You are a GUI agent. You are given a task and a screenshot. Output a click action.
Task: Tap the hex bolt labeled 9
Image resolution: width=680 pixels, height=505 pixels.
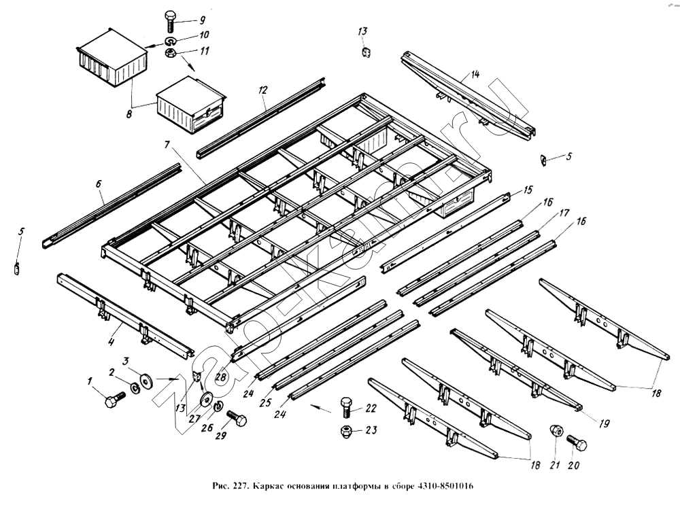[x=170, y=22]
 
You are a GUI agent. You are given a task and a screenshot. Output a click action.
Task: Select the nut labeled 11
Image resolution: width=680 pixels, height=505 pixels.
[x=172, y=54]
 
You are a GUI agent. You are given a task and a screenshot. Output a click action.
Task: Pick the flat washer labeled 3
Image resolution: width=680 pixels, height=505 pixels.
[x=145, y=378]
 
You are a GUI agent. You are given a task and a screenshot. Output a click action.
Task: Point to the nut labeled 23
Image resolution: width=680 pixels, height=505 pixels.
[x=346, y=431]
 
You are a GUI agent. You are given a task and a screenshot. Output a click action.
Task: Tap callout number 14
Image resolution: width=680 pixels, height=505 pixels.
[x=475, y=75]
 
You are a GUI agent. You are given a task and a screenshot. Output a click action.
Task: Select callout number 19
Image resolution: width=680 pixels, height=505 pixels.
[x=604, y=422]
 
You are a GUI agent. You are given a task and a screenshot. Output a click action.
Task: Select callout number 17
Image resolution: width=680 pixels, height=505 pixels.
[x=564, y=213]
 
